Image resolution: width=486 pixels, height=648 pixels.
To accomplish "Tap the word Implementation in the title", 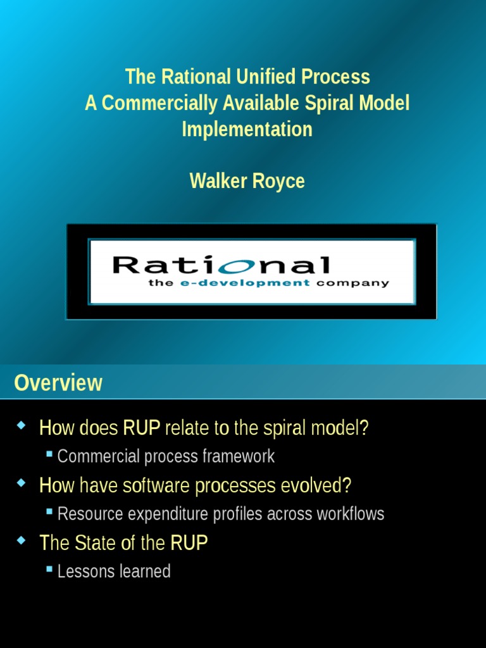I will (x=247, y=129).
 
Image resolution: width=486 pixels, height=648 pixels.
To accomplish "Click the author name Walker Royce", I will (x=247, y=181).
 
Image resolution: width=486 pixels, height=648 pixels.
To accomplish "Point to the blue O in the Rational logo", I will (x=235, y=265).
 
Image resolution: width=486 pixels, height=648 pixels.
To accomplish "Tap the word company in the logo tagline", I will (x=352, y=283).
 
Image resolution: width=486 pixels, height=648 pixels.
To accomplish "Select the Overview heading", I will (x=58, y=383).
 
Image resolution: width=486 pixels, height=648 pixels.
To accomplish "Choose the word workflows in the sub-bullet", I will (x=351, y=514).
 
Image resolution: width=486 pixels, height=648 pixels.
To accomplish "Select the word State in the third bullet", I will (x=95, y=543).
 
